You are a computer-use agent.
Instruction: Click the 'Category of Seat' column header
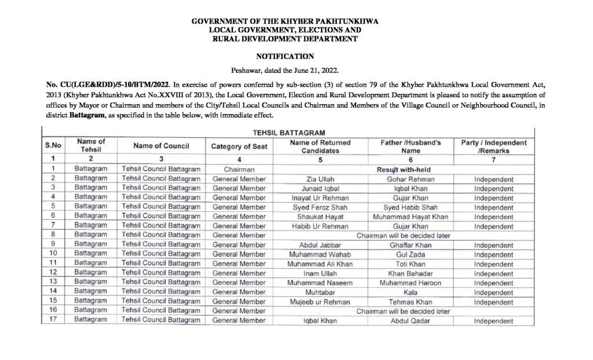point(239,146)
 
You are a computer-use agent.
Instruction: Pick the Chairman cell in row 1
point(239,170)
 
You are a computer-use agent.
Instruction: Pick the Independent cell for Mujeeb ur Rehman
point(493,302)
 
